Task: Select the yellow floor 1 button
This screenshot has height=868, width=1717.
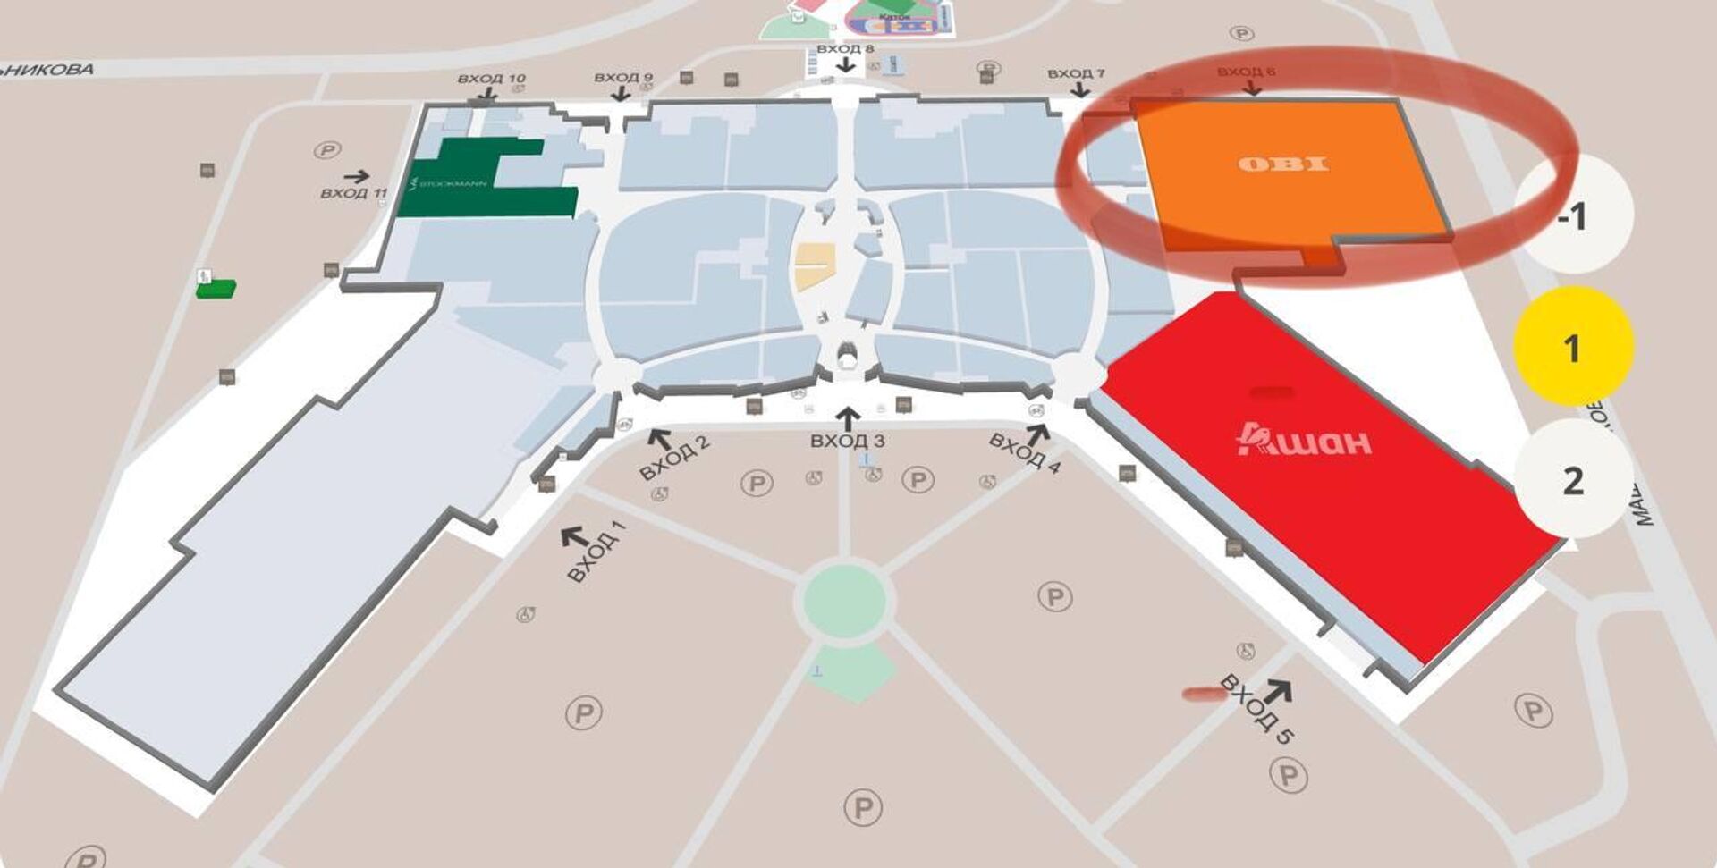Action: pos(1572,347)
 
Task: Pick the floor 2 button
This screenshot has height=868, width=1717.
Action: pos(1572,480)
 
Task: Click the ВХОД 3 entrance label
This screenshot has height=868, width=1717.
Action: pos(847,441)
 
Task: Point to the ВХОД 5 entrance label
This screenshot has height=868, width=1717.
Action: pos(1256,709)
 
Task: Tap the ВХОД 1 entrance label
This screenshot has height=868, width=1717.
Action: pos(596,551)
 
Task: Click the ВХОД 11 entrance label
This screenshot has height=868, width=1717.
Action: pos(353,192)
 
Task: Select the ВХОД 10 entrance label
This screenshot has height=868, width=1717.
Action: pos(491,79)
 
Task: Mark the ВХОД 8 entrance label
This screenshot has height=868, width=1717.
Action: pos(844,48)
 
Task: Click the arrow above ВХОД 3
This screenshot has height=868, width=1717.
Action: pos(848,417)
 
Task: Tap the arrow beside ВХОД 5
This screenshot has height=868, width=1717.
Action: pos(1279,691)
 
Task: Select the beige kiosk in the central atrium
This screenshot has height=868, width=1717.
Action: pos(815,267)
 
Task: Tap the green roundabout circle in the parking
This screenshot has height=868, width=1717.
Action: pos(844,599)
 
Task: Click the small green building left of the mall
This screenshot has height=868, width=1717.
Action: pos(216,289)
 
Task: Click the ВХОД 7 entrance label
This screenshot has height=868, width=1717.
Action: pos(1075,73)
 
